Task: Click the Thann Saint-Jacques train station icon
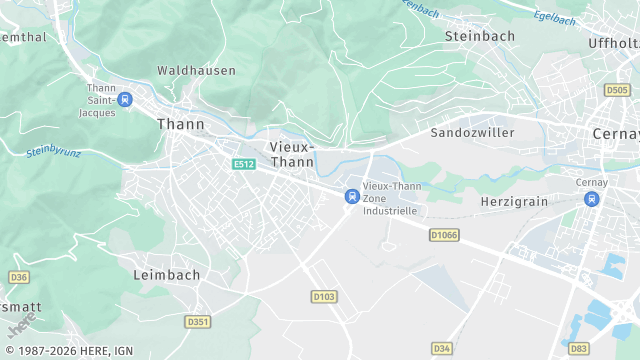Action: (125, 99)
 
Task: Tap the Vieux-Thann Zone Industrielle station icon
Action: (351, 197)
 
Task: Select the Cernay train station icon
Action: (592, 199)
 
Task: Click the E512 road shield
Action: (243, 164)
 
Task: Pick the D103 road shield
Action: (324, 297)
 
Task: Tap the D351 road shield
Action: (198, 321)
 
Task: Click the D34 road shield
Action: (442, 348)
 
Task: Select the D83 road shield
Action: (579, 348)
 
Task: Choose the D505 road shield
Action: (617, 90)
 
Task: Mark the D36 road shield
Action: (17, 276)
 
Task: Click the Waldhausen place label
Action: (196, 71)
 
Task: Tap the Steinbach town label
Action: (479, 36)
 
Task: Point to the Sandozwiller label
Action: (472, 132)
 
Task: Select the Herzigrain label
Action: (515, 201)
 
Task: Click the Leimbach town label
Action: (167, 274)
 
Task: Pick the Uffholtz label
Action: (613, 43)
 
